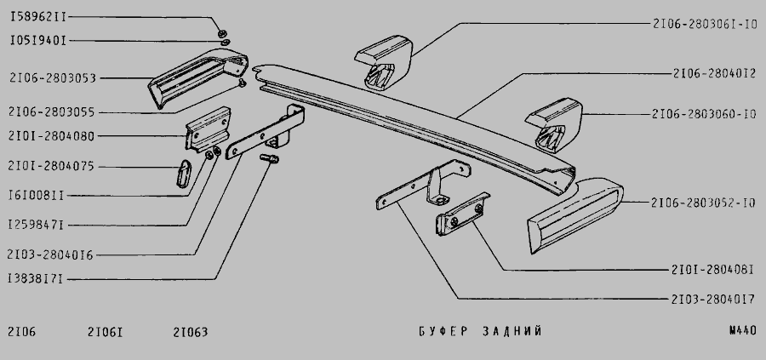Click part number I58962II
click(38, 17)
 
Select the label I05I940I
click(38, 41)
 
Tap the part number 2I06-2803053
click(53, 77)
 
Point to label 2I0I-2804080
click(51, 136)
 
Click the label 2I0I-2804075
click(51, 166)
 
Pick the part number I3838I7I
click(35, 279)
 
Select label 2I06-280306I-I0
click(705, 24)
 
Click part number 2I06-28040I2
click(715, 73)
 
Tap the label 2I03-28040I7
click(712, 299)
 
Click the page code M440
click(742, 331)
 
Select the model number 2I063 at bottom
click(191, 332)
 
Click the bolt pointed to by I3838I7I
click(269, 158)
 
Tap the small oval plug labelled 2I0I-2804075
click(184, 173)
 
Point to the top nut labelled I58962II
click(221, 33)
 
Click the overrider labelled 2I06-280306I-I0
click(385, 61)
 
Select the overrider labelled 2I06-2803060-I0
click(555, 124)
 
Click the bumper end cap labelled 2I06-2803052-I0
click(574, 215)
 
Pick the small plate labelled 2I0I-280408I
click(462, 214)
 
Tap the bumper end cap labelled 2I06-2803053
click(196, 77)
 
